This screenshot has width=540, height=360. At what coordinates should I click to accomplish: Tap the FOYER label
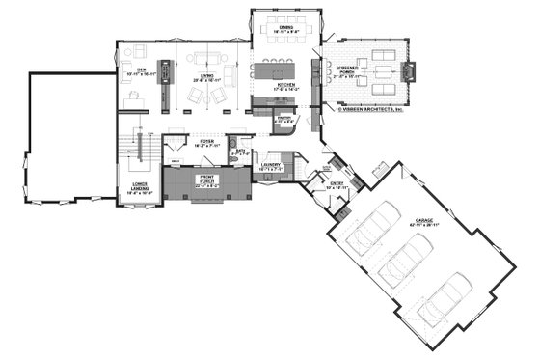point(205,142)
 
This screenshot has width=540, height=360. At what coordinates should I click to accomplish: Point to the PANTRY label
point(284,118)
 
